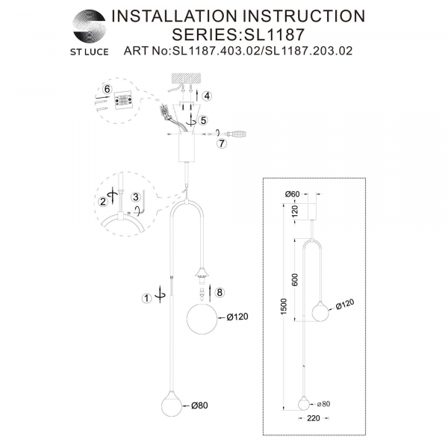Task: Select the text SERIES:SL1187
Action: coord(237,34)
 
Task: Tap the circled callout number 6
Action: coord(106,89)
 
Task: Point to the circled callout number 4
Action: coord(207,95)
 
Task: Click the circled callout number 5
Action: coord(202,119)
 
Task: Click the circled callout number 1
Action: coord(147,299)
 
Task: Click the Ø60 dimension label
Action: coord(292,194)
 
